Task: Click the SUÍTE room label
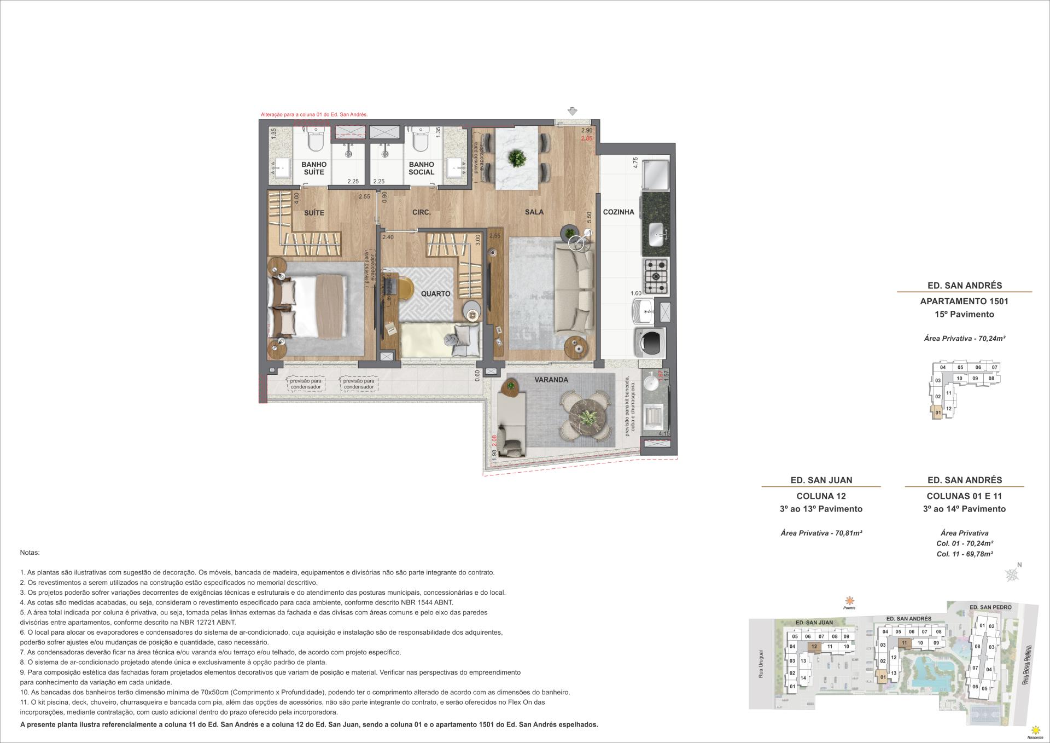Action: (x=314, y=213)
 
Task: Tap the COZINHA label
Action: (x=619, y=212)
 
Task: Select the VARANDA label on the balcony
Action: (x=551, y=379)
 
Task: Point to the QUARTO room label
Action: (x=435, y=294)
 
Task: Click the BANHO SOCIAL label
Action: (x=421, y=168)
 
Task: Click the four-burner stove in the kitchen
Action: (x=656, y=277)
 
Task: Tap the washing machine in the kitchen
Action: (x=649, y=342)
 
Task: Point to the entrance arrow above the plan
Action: (x=572, y=112)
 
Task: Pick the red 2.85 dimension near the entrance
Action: (x=586, y=138)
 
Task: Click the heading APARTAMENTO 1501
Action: (x=964, y=301)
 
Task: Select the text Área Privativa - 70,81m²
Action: (x=821, y=532)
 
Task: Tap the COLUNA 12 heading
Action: (x=821, y=496)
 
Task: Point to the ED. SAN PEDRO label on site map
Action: (x=990, y=607)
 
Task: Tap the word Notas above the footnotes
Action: (x=30, y=553)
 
